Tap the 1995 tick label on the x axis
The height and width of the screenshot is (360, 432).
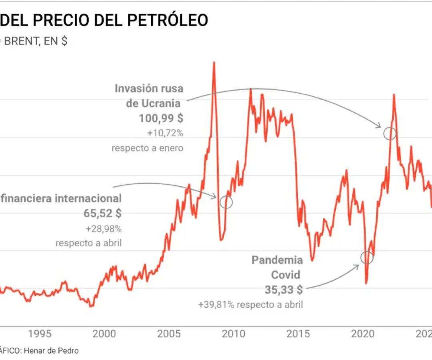(39, 334)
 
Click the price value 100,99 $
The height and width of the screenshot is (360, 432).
(161, 118)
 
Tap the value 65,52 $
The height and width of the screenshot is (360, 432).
(102, 213)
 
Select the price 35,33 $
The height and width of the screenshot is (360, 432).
(284, 290)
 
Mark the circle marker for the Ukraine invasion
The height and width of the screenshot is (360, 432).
(390, 134)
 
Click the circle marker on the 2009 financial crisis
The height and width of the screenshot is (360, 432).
(226, 202)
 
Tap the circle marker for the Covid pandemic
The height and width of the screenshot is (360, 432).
(367, 258)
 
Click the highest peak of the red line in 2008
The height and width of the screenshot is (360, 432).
(214, 63)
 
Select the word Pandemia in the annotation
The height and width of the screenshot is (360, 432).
(277, 260)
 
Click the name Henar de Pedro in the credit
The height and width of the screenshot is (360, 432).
(51, 351)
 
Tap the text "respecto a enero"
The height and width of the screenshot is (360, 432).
(147, 148)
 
